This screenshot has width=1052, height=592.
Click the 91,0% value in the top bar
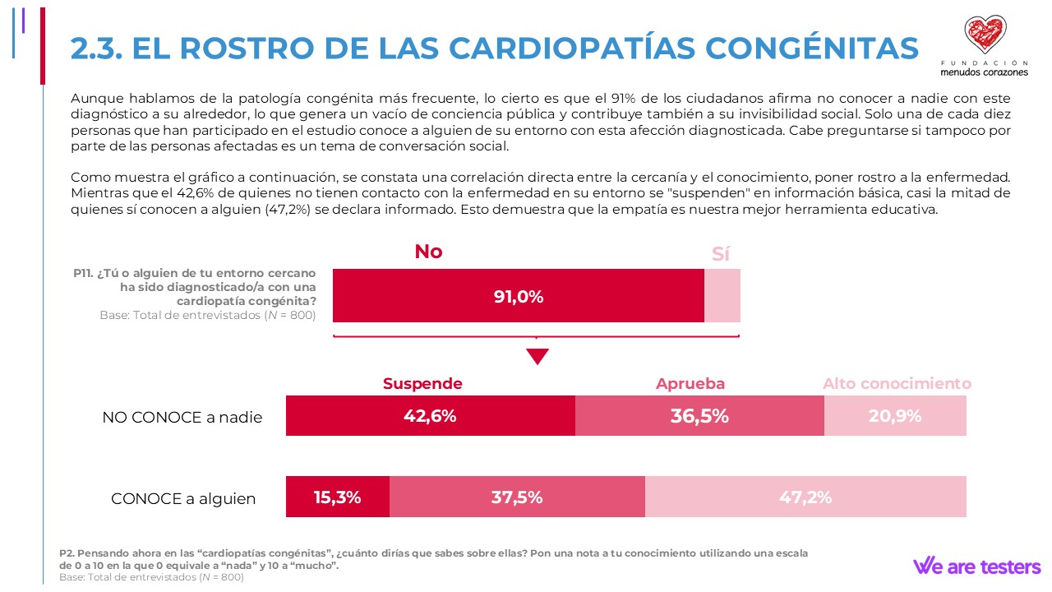[519, 297]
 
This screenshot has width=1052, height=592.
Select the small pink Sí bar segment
[722, 296]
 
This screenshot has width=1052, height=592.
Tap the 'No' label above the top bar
[428, 252]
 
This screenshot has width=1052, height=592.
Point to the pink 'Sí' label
[721, 254]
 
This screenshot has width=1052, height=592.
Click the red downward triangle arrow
[537, 356]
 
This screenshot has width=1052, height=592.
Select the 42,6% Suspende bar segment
[430, 416]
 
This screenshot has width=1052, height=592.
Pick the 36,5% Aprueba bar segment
[699, 416]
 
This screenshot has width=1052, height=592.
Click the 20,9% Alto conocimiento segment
[895, 416]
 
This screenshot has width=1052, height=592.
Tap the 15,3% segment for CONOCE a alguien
[338, 497]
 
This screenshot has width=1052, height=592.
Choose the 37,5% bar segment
[517, 497]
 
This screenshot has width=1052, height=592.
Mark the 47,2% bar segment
[805, 497]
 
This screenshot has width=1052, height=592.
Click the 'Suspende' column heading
[422, 384]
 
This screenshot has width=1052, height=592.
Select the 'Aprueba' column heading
[690, 384]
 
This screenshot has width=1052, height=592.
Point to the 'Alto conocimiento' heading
[897, 384]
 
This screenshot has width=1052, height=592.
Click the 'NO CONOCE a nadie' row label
[182, 418]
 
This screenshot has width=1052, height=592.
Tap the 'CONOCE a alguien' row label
[183, 499]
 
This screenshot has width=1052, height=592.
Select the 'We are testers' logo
[976, 567]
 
